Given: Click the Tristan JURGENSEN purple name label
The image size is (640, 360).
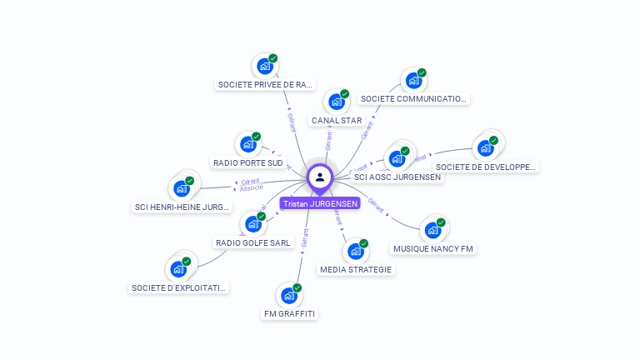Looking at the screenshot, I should click(x=320, y=203).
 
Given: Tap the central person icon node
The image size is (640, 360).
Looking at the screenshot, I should click(x=320, y=177).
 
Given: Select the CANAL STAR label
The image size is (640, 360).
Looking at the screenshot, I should click(x=337, y=120).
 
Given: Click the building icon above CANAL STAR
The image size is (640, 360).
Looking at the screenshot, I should click(x=337, y=102).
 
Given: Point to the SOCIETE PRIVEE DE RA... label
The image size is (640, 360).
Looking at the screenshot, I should click(x=265, y=84).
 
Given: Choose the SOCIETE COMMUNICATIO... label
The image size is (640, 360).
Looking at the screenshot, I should click(x=413, y=98).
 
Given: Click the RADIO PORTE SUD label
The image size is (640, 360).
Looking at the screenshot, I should click(x=248, y=162).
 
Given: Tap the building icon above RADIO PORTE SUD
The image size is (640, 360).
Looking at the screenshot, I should click(x=247, y=144).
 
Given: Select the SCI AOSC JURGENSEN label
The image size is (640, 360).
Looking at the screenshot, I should click(x=397, y=177).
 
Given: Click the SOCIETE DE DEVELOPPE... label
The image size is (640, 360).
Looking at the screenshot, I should click(x=486, y=167).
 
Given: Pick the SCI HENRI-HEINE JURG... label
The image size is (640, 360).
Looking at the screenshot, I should click(x=182, y=207).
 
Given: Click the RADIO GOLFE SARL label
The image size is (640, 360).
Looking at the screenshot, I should click(x=253, y=242).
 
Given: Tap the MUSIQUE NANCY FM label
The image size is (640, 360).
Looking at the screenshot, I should click(x=434, y=248).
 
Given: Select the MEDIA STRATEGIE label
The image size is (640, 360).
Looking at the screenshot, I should click(x=356, y=269).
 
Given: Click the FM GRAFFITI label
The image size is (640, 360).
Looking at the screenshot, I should click(x=289, y=313).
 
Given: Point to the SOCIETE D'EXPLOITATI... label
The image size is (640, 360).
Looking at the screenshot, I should click(x=178, y=287).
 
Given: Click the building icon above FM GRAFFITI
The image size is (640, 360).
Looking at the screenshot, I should click(x=289, y=295).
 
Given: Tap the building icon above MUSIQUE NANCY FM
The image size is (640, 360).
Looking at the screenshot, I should click(x=432, y=230).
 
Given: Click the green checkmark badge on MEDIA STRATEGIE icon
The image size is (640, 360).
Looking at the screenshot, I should click(x=363, y=243).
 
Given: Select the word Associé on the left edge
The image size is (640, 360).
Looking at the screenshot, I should click(x=252, y=188).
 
